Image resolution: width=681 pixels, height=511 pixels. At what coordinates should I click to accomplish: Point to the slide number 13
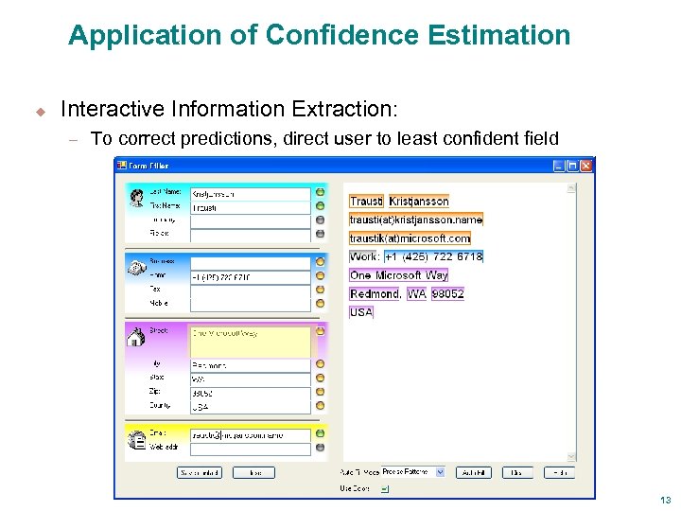[x=666, y=500]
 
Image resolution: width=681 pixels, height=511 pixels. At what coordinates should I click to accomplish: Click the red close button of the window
[x=586, y=166]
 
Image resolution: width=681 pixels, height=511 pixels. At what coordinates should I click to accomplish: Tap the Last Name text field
[x=251, y=194]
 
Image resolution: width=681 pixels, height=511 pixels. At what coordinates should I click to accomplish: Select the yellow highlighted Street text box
[x=251, y=342]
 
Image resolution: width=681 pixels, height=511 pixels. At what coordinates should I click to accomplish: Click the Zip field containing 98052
[x=251, y=393]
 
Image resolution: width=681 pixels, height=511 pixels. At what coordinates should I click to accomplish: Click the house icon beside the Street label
[x=135, y=336]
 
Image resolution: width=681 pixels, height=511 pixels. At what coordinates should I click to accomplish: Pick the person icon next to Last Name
[x=135, y=196]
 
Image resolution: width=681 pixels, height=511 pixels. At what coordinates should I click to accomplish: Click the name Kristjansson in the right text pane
[x=419, y=202]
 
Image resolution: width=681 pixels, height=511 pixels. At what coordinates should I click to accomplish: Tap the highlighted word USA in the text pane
[x=361, y=312]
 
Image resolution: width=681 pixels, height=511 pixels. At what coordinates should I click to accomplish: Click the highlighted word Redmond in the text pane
[x=375, y=294]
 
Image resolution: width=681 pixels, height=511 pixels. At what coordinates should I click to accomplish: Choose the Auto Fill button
[x=472, y=472]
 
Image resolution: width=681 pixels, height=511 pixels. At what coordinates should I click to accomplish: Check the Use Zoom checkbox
[x=384, y=489]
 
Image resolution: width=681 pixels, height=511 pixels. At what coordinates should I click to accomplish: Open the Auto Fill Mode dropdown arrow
[x=440, y=472]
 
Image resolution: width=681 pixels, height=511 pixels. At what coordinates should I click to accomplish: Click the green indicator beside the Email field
[x=320, y=434]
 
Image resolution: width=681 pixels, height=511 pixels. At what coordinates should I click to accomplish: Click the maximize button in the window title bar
[x=572, y=166]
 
